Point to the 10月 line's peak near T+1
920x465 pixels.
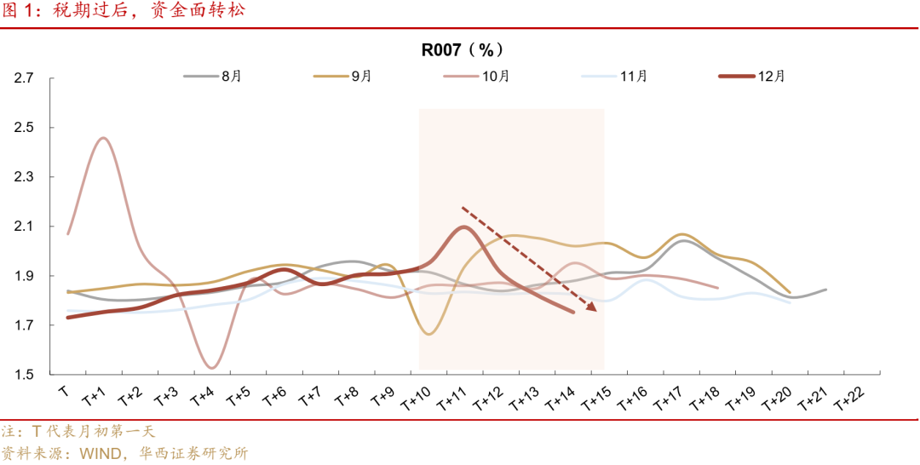(x=103, y=138)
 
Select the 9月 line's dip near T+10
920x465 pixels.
(x=428, y=334)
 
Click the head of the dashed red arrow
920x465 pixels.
(x=594, y=309)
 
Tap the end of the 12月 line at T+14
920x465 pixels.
(x=572, y=312)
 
